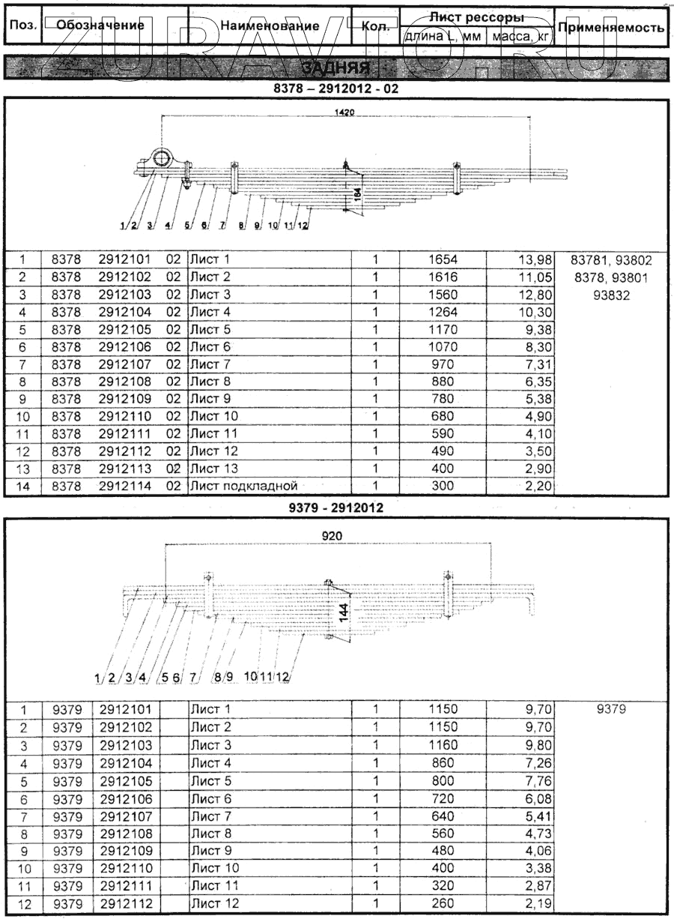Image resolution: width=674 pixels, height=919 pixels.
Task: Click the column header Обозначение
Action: [100, 25]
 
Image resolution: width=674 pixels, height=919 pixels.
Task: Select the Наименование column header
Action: [270, 25]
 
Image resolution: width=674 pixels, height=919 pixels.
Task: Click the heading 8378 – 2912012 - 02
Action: [336, 87]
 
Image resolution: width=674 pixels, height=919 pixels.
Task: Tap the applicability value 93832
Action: [611, 295]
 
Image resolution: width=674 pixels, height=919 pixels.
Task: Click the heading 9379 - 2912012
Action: [336, 507]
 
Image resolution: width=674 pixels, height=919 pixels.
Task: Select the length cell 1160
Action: [443, 745]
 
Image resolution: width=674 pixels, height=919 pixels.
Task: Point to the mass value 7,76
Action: [538, 780]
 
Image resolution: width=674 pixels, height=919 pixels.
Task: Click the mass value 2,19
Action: [538, 903]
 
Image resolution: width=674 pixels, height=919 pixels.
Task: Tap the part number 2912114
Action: [125, 486]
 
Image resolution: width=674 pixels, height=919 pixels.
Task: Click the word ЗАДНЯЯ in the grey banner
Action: [344, 67]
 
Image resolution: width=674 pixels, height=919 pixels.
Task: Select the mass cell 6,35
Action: [538, 382]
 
